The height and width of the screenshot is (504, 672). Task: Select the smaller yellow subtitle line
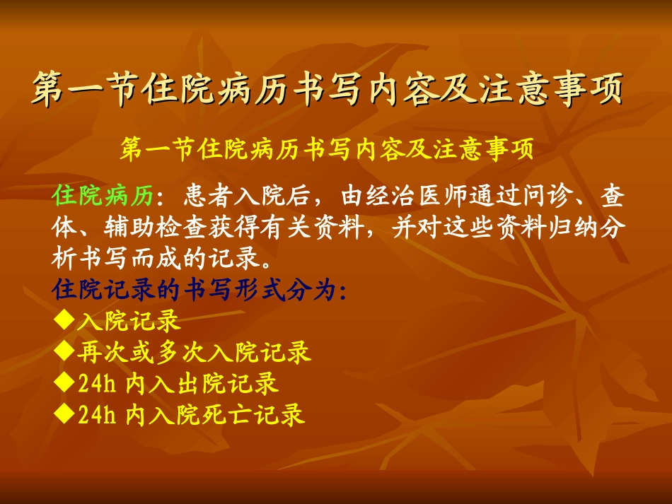pos(327,150)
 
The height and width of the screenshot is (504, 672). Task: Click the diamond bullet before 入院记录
pos(64,321)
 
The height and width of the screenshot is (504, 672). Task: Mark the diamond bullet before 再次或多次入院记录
pos(64,351)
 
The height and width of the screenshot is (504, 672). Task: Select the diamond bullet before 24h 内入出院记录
pos(64,383)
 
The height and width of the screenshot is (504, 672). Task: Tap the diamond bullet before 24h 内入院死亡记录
pos(64,414)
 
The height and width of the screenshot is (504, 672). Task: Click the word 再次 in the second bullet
pos(100,352)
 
